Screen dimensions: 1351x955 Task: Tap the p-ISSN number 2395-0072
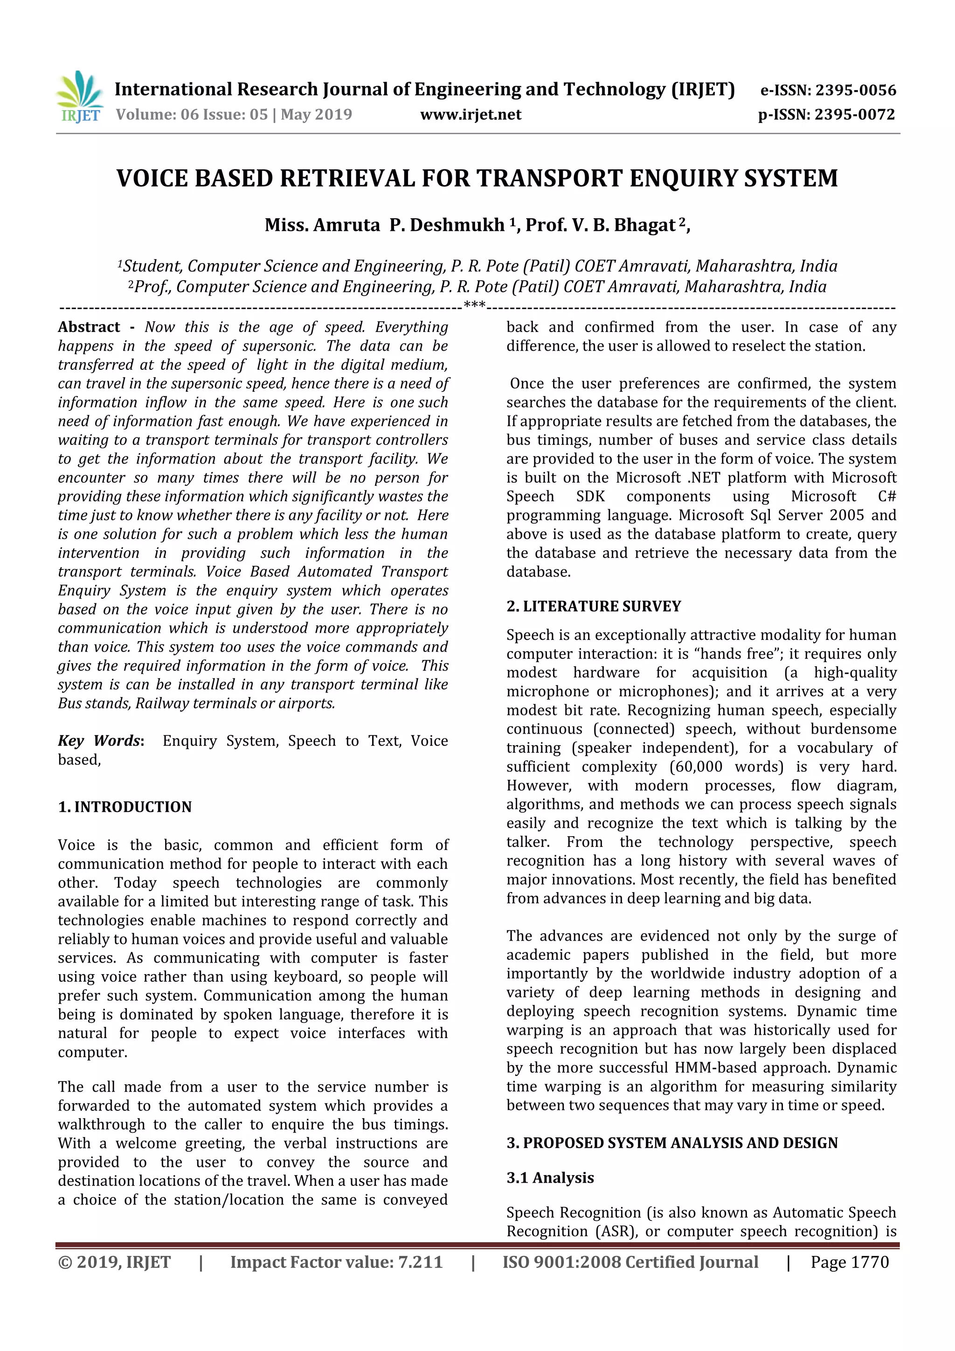(x=854, y=115)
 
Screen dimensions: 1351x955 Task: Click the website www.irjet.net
(x=470, y=115)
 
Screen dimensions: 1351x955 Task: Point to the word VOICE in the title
(x=152, y=178)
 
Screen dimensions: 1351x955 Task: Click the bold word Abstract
(x=89, y=327)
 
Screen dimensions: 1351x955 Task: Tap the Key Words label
(x=100, y=741)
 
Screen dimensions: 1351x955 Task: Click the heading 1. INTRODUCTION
(x=125, y=807)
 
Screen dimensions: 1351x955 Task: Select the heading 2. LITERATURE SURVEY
(x=593, y=606)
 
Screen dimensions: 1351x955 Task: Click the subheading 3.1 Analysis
(x=550, y=1178)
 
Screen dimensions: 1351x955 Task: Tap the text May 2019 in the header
(x=316, y=115)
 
